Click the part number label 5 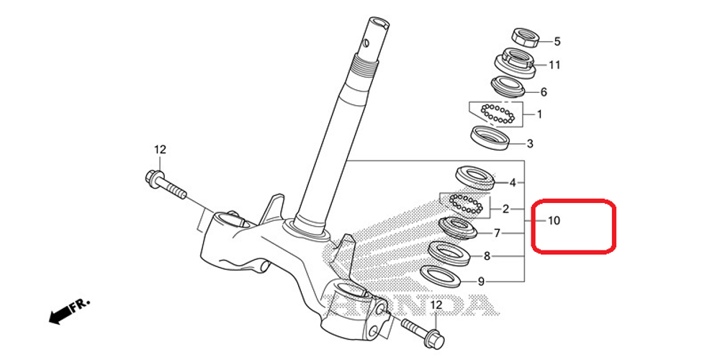(x=557, y=42)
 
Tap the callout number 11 (x=554, y=65)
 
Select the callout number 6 (x=544, y=92)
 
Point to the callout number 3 (x=530, y=143)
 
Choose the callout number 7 (x=497, y=233)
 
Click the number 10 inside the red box (x=553, y=220)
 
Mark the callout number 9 (x=482, y=282)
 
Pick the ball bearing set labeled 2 (x=464, y=204)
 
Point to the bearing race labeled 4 (x=472, y=176)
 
